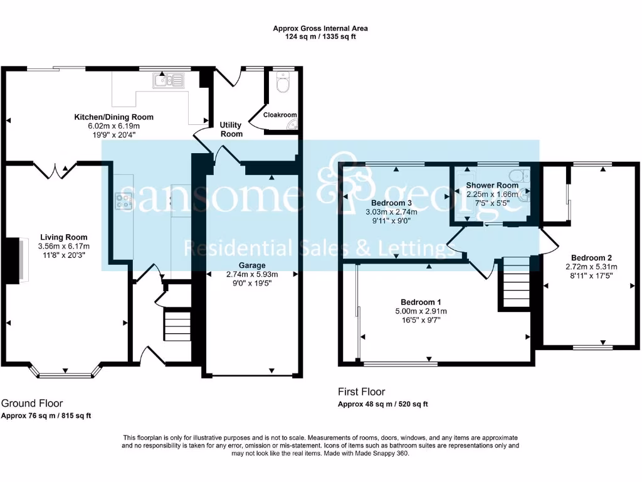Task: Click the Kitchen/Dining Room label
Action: click(114, 117)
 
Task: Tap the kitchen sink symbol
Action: click(169, 80)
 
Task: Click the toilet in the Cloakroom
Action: click(283, 82)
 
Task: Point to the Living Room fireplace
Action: click(15, 260)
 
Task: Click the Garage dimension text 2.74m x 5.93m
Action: click(252, 274)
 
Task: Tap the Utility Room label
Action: click(231, 129)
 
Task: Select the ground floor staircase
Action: click(177, 326)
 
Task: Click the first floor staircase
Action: click(516, 283)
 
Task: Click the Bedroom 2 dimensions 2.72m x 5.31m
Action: click(591, 267)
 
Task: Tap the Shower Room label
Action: click(492, 185)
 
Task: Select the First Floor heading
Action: click(362, 392)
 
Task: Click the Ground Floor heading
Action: click(32, 404)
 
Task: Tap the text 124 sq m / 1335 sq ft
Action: click(320, 36)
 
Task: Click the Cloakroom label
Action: click(280, 115)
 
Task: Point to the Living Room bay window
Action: click(65, 370)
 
